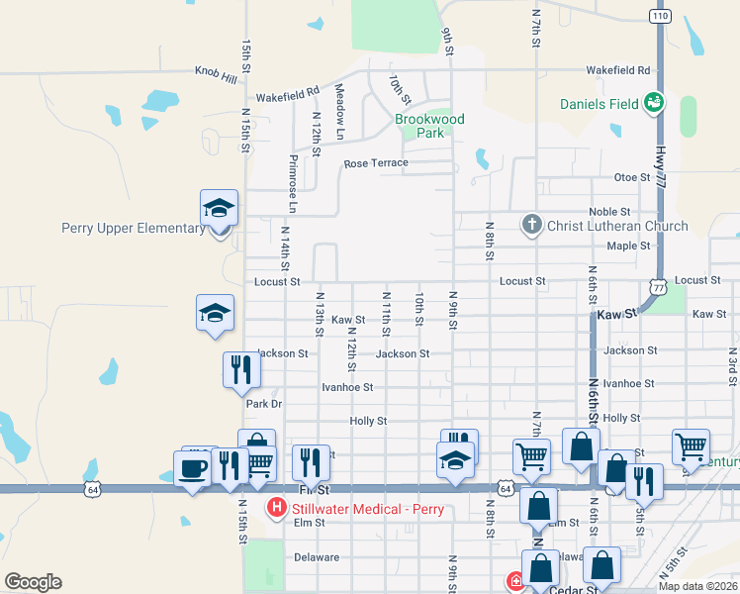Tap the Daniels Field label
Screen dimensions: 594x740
pos(600,103)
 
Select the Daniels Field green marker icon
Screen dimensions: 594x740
pos(652,102)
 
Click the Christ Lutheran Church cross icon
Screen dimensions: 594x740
pos(531,225)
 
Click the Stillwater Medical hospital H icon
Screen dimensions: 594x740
pos(277,509)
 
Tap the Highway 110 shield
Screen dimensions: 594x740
pos(661,15)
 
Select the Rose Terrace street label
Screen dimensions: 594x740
pos(376,163)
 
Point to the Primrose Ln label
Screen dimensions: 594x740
pos(293,184)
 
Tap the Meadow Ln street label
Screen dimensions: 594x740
pos(339,111)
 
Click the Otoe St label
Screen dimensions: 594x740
pos(631,177)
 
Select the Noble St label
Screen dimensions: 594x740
pos(609,212)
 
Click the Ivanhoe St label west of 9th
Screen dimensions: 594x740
pos(347,387)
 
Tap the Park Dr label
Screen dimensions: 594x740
pos(264,404)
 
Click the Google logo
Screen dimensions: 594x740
pos(33,582)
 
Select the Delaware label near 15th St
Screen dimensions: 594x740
pos(317,557)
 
